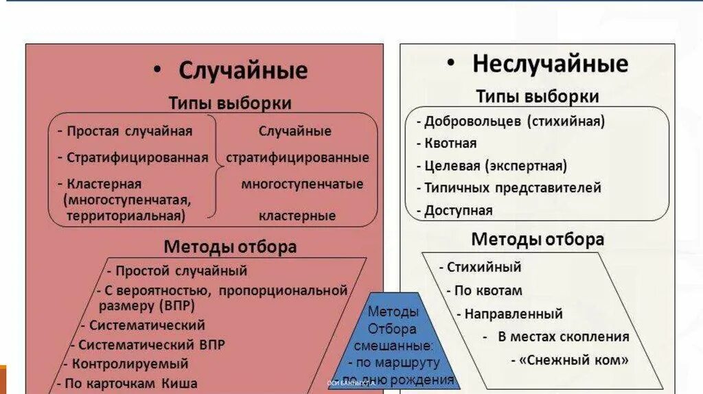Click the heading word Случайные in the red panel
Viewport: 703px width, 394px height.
click(243, 71)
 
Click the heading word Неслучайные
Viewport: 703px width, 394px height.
click(550, 64)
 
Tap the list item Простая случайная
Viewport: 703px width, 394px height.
click(129, 131)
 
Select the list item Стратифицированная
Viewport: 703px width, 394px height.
click(137, 157)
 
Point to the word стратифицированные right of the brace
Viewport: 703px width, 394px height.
click(297, 157)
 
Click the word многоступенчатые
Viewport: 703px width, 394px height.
click(302, 184)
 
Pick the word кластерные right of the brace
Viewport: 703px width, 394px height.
click(297, 216)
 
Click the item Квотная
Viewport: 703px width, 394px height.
click(450, 143)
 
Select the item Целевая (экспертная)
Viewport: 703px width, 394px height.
click(496, 165)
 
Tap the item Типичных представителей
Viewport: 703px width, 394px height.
click(512, 187)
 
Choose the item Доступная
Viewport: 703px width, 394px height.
click(458, 210)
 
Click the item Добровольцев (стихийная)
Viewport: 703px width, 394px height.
click(514, 121)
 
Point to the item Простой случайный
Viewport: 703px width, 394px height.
click(181, 270)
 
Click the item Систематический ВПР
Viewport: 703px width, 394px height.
click(151, 345)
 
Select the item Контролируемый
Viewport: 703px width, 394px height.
click(130, 364)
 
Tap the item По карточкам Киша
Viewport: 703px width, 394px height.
click(130, 384)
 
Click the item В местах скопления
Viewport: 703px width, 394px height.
click(563, 336)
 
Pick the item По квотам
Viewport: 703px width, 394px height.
click(488, 290)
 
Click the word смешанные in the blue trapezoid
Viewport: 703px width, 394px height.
click(392, 345)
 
